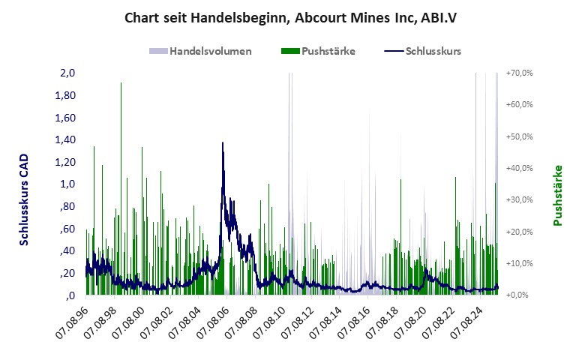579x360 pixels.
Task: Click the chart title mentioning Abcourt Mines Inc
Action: click(290, 17)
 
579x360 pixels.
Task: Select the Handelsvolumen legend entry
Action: click(200, 51)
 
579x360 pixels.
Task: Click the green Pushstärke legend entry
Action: click(318, 51)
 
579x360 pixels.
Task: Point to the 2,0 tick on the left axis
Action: click(68, 73)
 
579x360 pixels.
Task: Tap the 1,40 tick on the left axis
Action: click(66, 139)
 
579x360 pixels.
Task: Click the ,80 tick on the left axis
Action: click(69, 206)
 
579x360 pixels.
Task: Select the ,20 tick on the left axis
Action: click(69, 273)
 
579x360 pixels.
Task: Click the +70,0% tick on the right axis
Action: click(519, 73)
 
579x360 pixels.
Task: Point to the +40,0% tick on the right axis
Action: click(519, 168)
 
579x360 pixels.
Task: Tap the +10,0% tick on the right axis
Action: click(519, 263)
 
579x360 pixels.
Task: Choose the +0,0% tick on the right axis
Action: click(520, 295)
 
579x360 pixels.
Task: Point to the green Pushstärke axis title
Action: click(558, 195)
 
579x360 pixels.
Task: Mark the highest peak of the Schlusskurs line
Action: click(223, 142)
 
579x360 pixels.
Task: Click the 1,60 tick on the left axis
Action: click(66, 118)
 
